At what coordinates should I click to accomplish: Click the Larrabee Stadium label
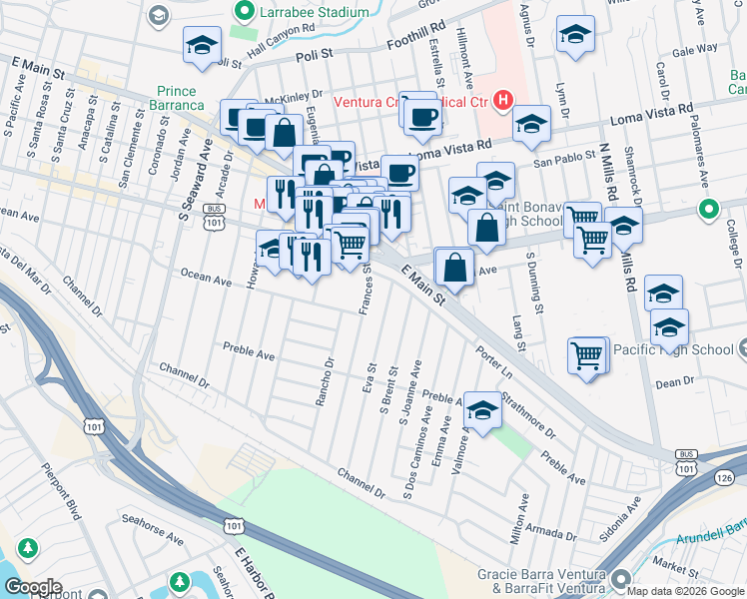(x=315, y=11)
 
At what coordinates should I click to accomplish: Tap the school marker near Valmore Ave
(x=483, y=410)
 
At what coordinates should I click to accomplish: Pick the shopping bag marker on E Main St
(x=454, y=267)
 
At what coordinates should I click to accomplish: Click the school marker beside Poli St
(x=203, y=45)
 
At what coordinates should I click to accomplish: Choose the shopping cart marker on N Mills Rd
(x=593, y=240)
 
